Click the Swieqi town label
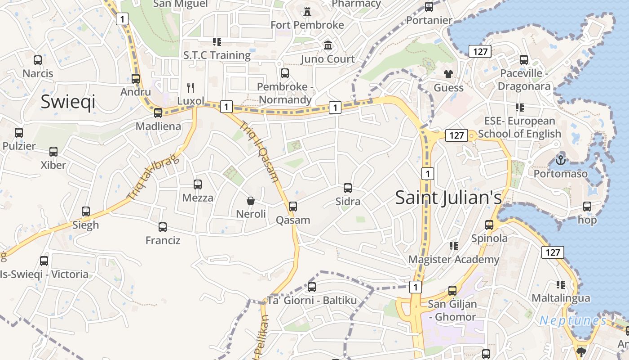[x=68, y=102]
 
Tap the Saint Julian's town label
[x=448, y=198]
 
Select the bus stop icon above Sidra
[x=347, y=188]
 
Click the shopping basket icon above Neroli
[x=251, y=201]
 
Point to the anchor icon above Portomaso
[x=560, y=160]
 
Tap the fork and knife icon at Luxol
[x=190, y=87]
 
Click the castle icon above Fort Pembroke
[x=307, y=12]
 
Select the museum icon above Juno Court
[x=328, y=45]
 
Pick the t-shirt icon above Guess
[x=448, y=74]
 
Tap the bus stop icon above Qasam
[x=293, y=207]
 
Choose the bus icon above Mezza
[x=198, y=184]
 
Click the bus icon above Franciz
[x=163, y=227]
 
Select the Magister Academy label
[x=454, y=260]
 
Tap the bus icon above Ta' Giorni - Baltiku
[x=312, y=287]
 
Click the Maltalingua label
[x=561, y=298]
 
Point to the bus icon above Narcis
[x=38, y=60]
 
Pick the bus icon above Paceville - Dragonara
[x=524, y=59]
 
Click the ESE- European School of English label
[x=519, y=127]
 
